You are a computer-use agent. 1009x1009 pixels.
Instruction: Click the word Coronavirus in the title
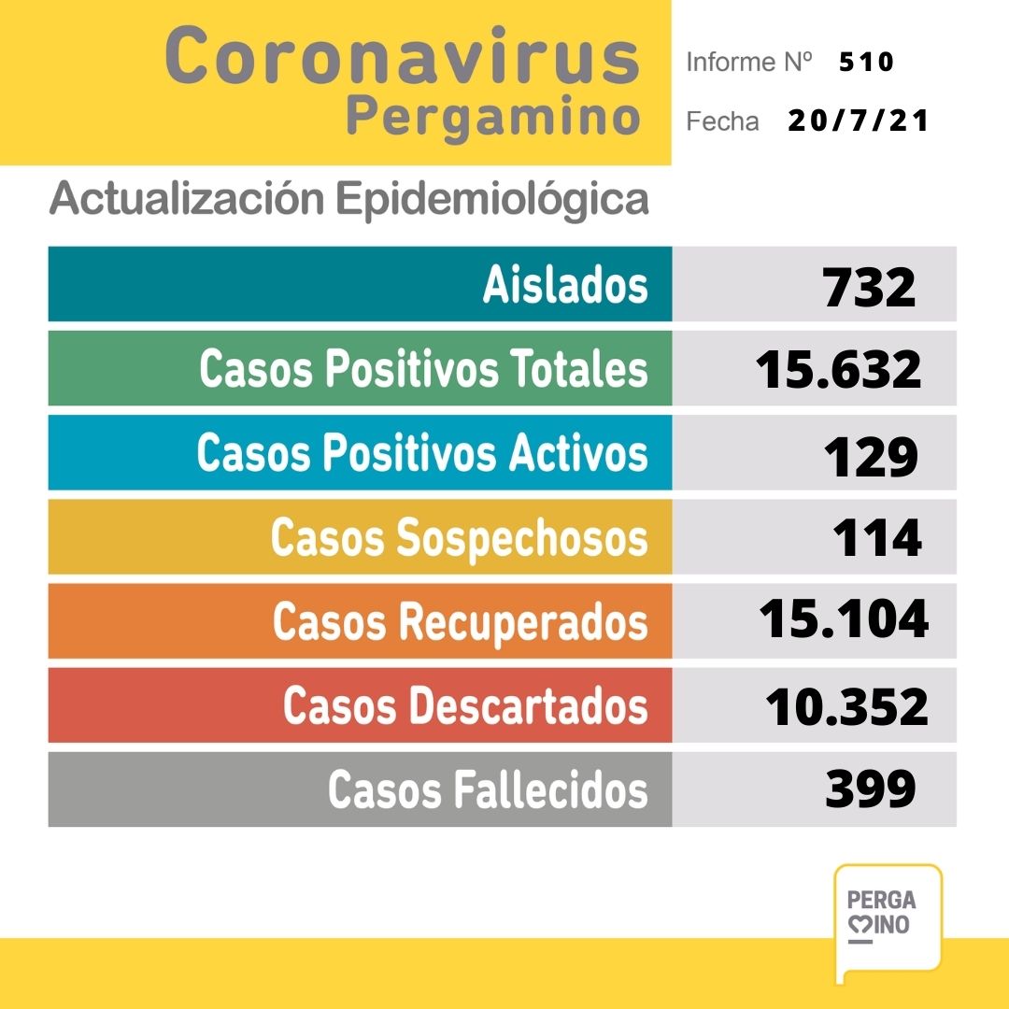(x=403, y=57)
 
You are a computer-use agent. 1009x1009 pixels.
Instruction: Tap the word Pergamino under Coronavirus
(x=493, y=119)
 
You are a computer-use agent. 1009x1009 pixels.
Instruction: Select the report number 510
(x=866, y=63)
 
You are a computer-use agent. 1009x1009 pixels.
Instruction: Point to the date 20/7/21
(x=858, y=121)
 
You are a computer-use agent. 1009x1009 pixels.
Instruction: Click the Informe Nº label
(x=746, y=63)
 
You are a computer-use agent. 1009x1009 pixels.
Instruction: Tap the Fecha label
(x=722, y=121)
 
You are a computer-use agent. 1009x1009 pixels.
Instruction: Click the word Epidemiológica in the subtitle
(x=490, y=198)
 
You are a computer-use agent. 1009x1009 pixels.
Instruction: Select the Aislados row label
(x=564, y=284)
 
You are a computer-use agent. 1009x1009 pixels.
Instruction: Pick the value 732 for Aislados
(x=869, y=286)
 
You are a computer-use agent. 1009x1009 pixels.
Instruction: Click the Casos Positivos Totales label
(x=422, y=369)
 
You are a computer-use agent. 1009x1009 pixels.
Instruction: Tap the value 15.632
(x=838, y=370)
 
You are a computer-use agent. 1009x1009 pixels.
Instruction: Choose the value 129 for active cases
(x=871, y=455)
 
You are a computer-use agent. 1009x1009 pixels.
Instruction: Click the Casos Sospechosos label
(x=459, y=538)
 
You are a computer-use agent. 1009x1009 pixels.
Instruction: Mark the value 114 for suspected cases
(x=876, y=538)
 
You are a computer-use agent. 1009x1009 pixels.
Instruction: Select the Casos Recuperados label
(x=460, y=622)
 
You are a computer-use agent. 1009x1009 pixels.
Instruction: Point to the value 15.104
(x=843, y=620)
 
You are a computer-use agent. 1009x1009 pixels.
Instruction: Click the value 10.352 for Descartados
(x=846, y=706)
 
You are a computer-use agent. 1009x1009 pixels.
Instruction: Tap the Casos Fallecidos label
(x=487, y=790)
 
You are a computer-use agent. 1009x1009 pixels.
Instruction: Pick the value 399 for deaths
(x=870, y=790)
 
